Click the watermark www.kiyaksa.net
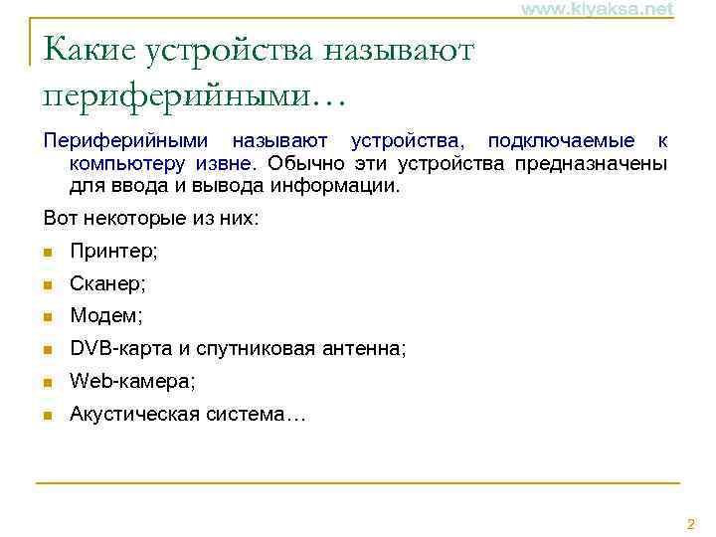click(x=597, y=9)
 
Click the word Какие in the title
click(x=90, y=49)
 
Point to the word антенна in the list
click(x=367, y=349)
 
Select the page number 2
click(x=691, y=524)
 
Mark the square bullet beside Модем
click(x=48, y=317)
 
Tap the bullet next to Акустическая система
click(x=48, y=415)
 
